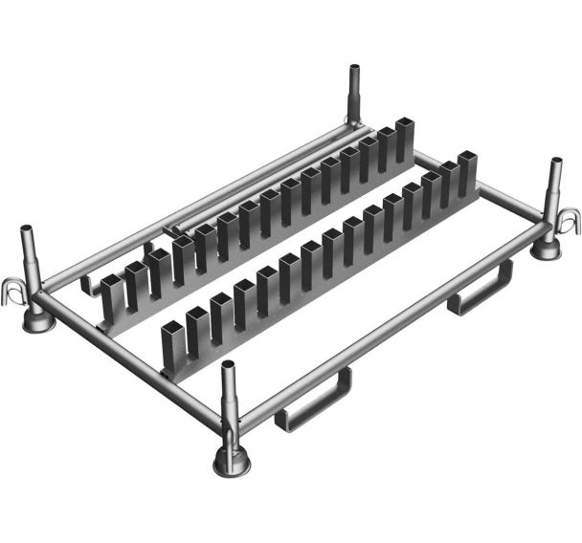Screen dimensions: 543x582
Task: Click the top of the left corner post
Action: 26,229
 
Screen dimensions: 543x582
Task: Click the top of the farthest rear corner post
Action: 352,71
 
